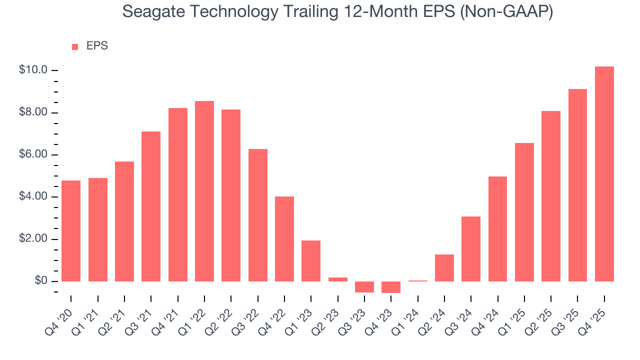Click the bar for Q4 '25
tap(604, 174)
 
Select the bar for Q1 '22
tap(204, 191)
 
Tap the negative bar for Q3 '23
tap(364, 287)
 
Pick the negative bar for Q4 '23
tap(391, 287)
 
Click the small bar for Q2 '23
tap(338, 279)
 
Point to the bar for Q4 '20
tap(71, 231)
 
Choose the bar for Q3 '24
tap(471, 249)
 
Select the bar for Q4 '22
tap(284, 239)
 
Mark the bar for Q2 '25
tap(551, 196)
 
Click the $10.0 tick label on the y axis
tap(33, 70)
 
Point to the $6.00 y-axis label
tap(33, 154)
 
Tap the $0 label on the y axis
tap(41, 281)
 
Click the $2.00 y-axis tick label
tap(33, 239)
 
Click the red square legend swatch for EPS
tap(75, 46)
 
